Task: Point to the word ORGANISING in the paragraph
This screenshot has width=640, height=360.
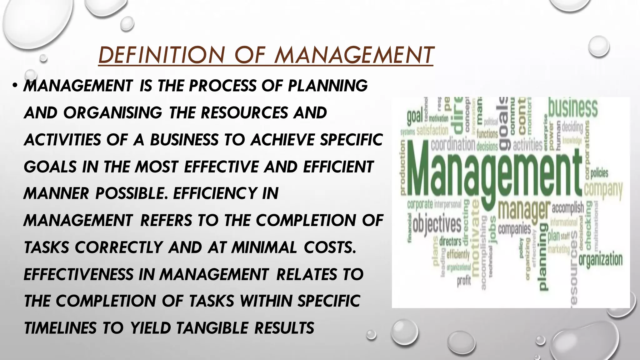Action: pyautogui.click(x=113, y=113)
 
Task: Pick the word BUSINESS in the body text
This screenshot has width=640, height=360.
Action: pyautogui.click(x=184, y=140)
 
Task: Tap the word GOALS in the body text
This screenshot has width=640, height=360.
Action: pyautogui.click(x=50, y=167)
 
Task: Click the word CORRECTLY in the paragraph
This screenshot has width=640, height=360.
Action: pyautogui.click(x=119, y=247)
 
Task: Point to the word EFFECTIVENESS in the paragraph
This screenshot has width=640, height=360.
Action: pyautogui.click(x=78, y=274)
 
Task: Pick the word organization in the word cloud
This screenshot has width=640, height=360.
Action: pyautogui.click(x=601, y=260)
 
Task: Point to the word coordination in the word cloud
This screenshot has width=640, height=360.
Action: pyautogui.click(x=453, y=145)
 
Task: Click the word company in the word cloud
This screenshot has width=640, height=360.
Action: pyautogui.click(x=603, y=189)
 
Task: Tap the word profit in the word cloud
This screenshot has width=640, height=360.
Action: pyautogui.click(x=464, y=281)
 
